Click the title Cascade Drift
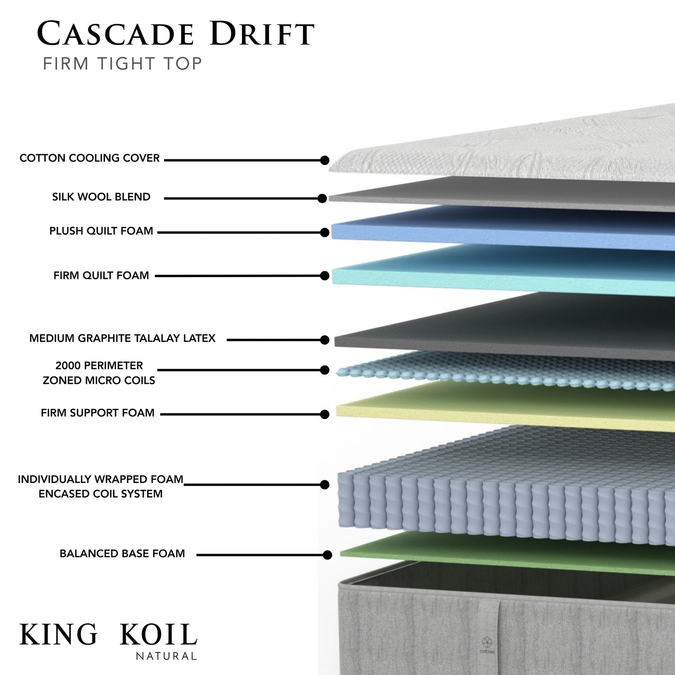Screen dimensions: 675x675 click(x=176, y=34)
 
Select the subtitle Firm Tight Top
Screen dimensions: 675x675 click(x=122, y=64)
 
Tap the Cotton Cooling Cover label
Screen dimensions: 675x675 click(x=90, y=158)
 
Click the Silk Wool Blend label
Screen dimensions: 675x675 click(x=101, y=197)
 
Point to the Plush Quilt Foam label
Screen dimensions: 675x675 click(x=101, y=231)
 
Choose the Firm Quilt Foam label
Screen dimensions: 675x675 click(x=101, y=276)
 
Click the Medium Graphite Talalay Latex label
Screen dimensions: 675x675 click(x=122, y=338)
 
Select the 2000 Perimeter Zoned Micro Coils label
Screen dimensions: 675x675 click(x=99, y=373)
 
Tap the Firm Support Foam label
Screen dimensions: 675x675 click(x=98, y=413)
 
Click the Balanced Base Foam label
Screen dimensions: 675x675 click(x=122, y=554)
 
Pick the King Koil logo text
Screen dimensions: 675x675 click(x=108, y=634)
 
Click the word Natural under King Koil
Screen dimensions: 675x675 click(x=166, y=656)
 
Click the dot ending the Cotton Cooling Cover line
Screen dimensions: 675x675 click(x=325, y=160)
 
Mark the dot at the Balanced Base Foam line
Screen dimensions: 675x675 click(x=327, y=555)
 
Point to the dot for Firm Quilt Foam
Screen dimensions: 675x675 click(x=325, y=276)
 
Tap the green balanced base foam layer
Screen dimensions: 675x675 click(x=504, y=554)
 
